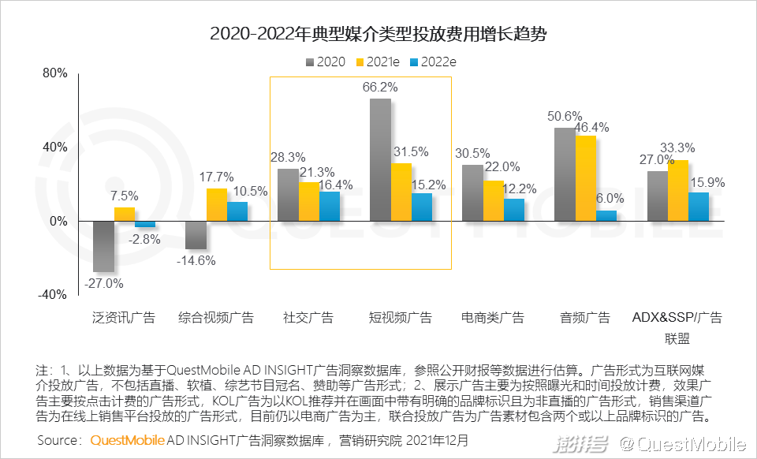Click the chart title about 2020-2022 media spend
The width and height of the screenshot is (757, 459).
click(x=378, y=35)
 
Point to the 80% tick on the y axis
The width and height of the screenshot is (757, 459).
click(x=55, y=73)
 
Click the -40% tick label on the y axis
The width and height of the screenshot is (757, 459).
click(x=54, y=294)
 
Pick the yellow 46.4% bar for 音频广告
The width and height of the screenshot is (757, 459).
click(x=586, y=178)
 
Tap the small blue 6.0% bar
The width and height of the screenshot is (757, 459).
click(x=606, y=215)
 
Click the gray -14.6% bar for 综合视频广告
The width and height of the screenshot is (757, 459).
click(x=196, y=234)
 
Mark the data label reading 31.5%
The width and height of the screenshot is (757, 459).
click(x=410, y=152)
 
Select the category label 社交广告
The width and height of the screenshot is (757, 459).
click(x=308, y=318)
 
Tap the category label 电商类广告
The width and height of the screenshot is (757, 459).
click(x=493, y=318)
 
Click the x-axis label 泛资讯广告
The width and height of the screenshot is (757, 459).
click(x=124, y=318)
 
